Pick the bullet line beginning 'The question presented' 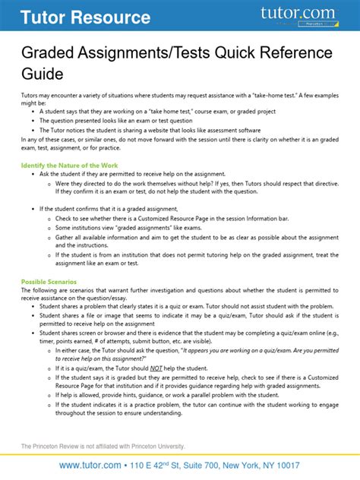point(124,119)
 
